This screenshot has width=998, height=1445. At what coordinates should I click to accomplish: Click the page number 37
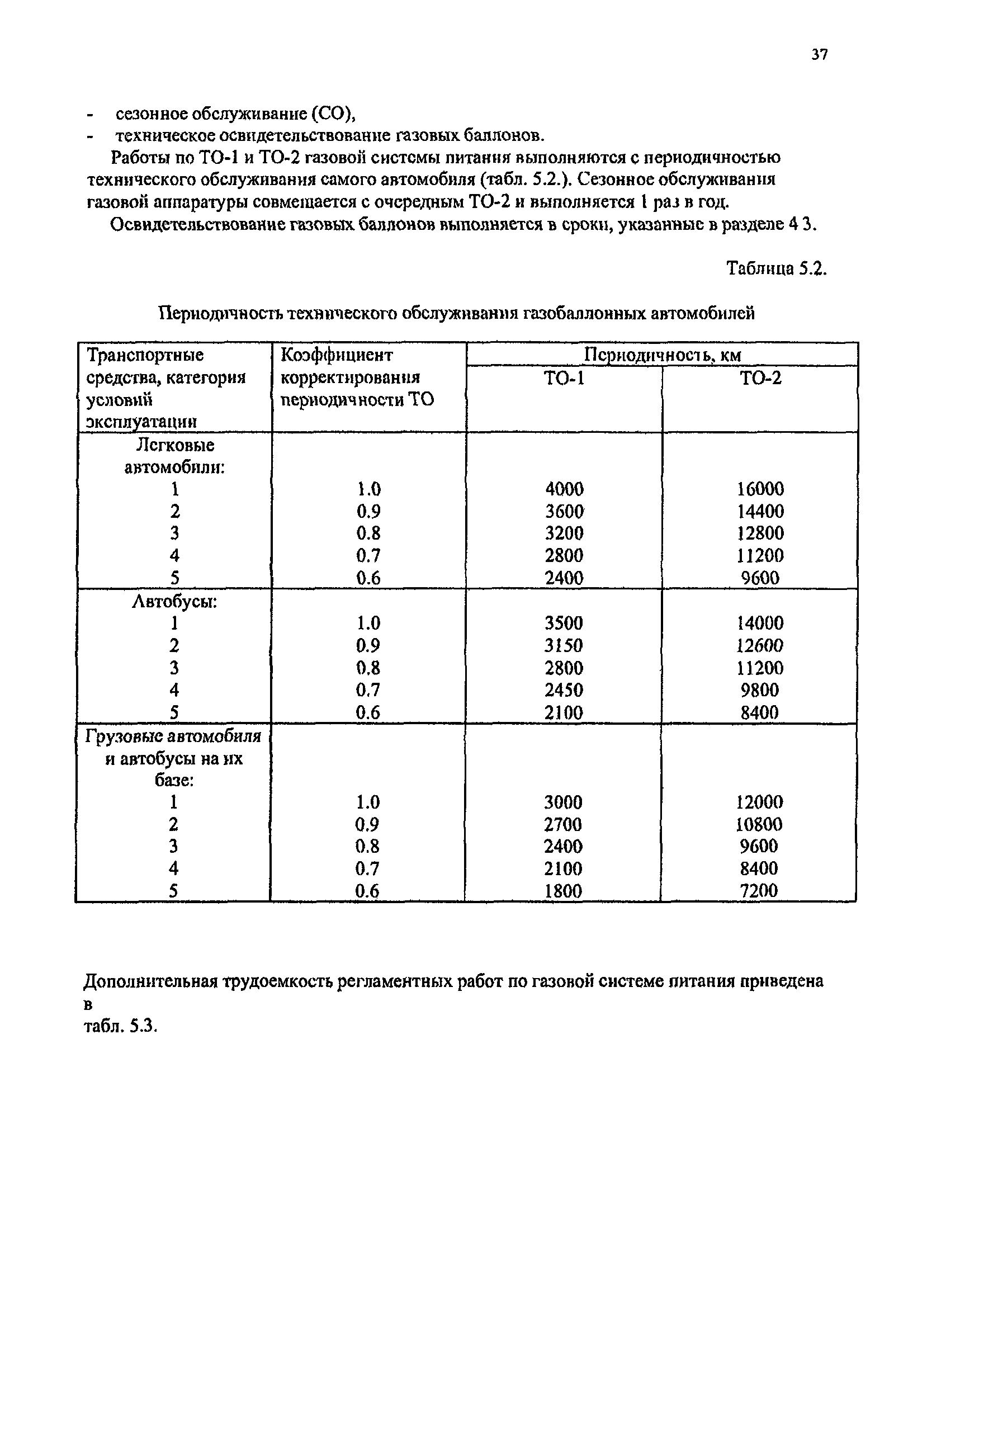pyautogui.click(x=819, y=54)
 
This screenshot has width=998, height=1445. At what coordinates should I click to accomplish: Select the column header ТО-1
pyautogui.click(x=564, y=378)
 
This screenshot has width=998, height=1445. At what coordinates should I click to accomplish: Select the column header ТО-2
pyautogui.click(x=760, y=378)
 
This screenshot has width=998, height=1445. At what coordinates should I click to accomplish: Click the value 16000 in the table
pyautogui.click(x=760, y=489)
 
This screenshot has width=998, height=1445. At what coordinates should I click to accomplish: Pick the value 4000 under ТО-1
pyautogui.click(x=564, y=489)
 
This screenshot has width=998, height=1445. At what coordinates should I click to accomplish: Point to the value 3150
pyautogui.click(x=564, y=645)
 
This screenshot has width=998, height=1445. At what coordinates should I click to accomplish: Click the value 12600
pyautogui.click(x=760, y=645)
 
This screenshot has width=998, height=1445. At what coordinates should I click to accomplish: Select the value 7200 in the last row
pyautogui.click(x=759, y=890)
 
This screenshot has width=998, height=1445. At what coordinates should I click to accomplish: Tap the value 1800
pyautogui.click(x=563, y=890)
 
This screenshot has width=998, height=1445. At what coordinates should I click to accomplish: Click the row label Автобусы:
pyautogui.click(x=174, y=602)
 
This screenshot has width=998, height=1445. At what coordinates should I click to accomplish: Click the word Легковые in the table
pyautogui.click(x=175, y=445)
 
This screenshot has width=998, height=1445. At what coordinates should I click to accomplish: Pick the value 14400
pyautogui.click(x=760, y=512)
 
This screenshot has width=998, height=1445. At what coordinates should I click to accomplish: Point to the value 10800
pyautogui.click(x=759, y=824)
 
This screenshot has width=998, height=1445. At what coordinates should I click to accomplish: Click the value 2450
pyautogui.click(x=564, y=690)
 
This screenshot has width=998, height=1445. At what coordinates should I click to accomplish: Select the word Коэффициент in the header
pyautogui.click(x=337, y=355)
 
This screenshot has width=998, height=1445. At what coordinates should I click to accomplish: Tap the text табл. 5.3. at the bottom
pyautogui.click(x=120, y=1026)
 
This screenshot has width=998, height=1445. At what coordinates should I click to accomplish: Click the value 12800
pyautogui.click(x=760, y=533)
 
